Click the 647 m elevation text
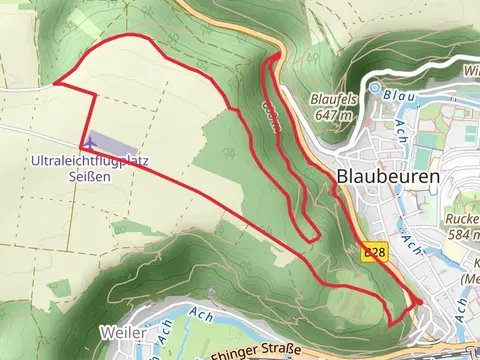[333, 115]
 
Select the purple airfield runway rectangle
[113, 142]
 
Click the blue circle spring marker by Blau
[374, 88]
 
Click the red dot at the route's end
[419, 301]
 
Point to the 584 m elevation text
[463, 235]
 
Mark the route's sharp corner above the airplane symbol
[96, 93]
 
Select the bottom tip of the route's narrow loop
[315, 239]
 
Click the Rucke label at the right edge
[462, 220]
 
